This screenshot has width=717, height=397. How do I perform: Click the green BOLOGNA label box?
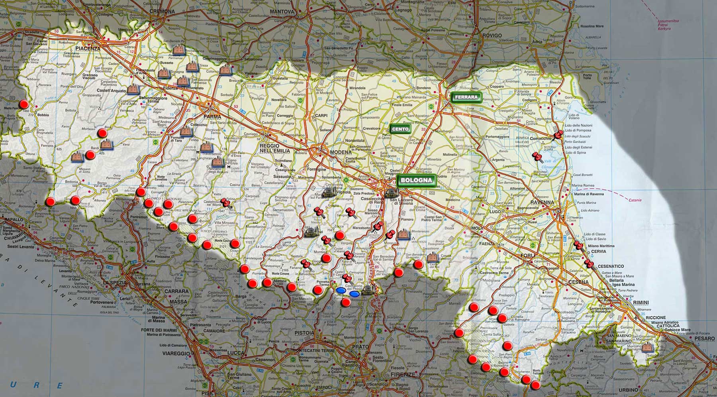[416, 180]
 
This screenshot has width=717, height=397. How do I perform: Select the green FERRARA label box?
[466, 97]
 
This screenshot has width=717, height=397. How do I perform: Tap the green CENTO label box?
[400, 129]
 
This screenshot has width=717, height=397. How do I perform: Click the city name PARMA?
[212, 117]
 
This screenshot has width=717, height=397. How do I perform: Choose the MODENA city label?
[341, 152]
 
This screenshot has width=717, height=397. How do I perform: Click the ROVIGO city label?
[492, 35]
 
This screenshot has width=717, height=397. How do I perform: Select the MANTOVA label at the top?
[282, 12]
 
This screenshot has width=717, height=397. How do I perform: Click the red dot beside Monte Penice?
[24, 104]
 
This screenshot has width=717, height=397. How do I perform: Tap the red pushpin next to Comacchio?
[558, 136]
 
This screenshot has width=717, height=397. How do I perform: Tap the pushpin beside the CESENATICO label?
[589, 264]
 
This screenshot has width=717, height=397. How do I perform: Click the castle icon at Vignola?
[328, 193]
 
